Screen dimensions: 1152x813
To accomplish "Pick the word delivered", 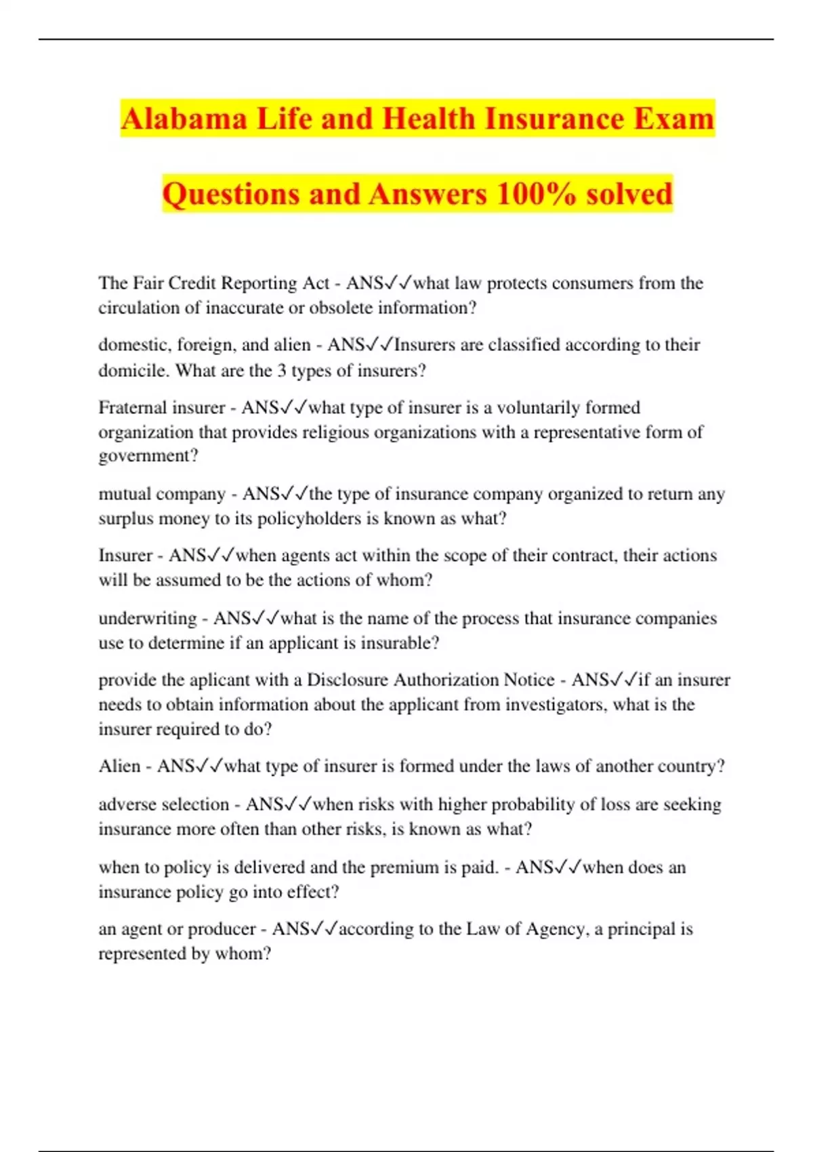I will (x=268, y=867).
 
